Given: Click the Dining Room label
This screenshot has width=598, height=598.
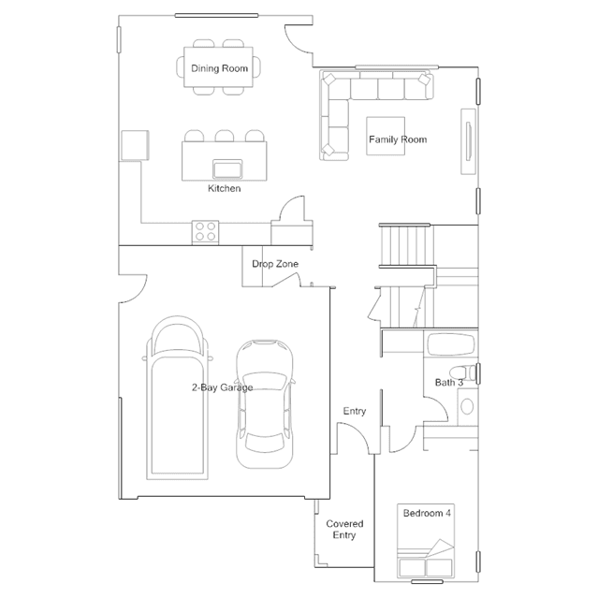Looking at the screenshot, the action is coord(219,68).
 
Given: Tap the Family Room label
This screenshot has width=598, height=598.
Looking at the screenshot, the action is coord(398,139).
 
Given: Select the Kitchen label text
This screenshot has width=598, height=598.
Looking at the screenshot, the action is coord(225,188).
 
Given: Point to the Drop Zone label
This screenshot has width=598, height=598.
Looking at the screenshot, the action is coord(275,264).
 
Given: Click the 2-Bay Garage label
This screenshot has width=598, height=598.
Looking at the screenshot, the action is coord(223,387).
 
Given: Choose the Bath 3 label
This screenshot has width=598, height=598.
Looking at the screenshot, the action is coord(449,383).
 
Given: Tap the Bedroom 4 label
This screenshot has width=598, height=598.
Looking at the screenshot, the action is coord(427,514).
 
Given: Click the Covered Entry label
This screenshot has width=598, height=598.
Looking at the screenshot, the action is coord(344,530).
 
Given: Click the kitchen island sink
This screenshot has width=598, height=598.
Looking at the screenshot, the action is coord(227,169).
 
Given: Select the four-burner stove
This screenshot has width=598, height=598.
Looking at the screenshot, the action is coord(205,231).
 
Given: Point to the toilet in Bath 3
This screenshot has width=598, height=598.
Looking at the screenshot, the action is coord(462,372).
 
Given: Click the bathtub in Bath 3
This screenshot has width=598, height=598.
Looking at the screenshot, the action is coord(451,344).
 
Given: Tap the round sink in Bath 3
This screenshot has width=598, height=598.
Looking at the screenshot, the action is coord(467,406).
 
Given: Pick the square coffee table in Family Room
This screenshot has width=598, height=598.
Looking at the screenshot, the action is coord(386,136).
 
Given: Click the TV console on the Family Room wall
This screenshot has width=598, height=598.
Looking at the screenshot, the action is coord(468,141).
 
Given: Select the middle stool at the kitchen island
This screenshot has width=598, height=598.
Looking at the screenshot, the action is coord(225,136).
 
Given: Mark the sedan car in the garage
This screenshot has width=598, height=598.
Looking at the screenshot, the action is coord(265,404).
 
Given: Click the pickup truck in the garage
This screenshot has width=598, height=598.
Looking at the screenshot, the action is coord(177,398).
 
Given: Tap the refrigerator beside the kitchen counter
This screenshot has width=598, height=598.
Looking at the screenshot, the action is coord(135,145).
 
